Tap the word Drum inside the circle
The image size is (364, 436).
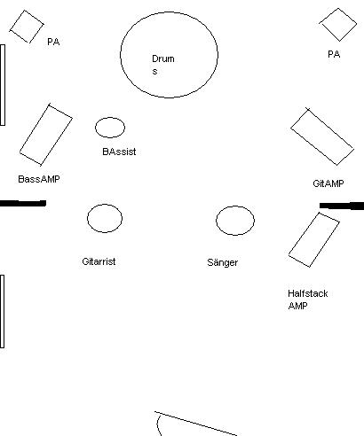[163, 58]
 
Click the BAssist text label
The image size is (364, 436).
[119, 152]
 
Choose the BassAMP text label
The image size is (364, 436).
[39, 179]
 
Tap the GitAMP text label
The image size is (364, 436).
[328, 183]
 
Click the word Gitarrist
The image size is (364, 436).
[99, 261]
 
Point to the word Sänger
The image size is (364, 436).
[223, 262]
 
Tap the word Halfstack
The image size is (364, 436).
[308, 293]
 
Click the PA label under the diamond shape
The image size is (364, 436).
[334, 54]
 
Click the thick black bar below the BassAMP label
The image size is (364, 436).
[23, 203]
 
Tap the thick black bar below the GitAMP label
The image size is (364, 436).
[342, 206]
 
